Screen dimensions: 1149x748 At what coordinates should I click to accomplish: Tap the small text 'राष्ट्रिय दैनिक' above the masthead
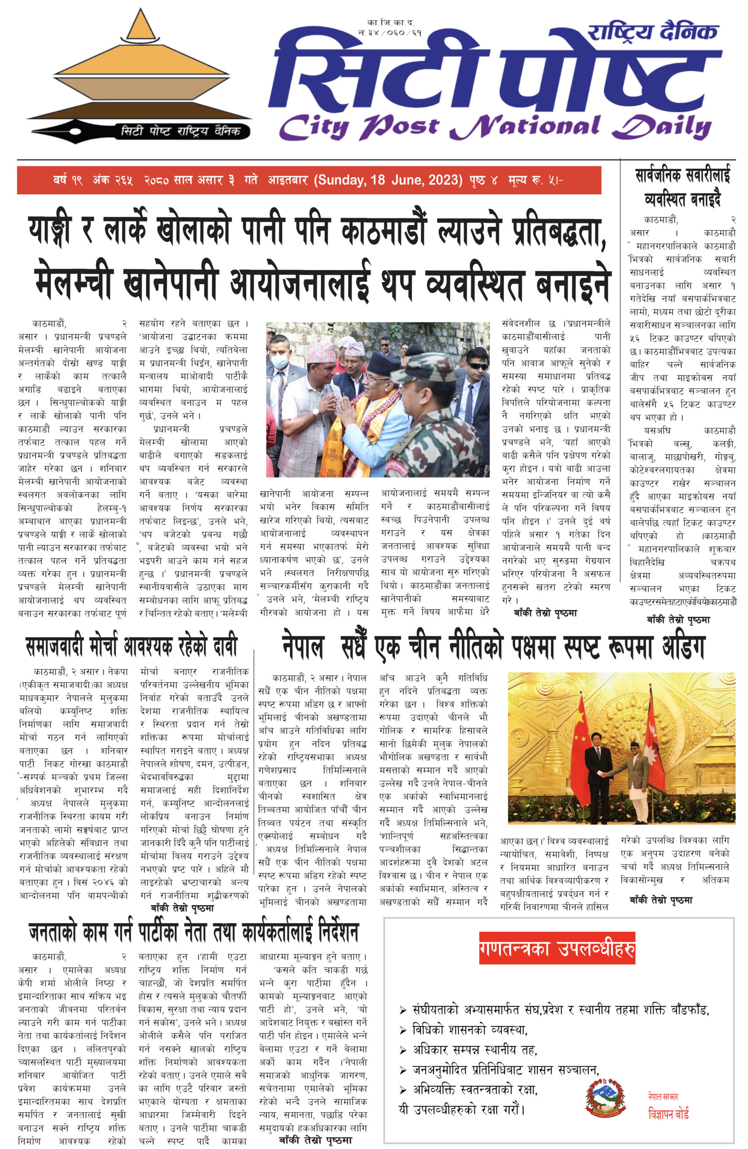652,32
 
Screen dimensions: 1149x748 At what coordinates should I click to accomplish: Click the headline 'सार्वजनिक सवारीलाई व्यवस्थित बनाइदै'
682,187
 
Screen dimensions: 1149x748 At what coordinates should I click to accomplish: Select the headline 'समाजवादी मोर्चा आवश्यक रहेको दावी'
132,646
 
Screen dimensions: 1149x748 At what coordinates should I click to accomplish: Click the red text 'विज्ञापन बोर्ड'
668,1113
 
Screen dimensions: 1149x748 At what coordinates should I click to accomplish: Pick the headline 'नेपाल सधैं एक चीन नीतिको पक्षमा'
493,647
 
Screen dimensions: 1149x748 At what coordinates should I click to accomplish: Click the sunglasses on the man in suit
477,366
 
